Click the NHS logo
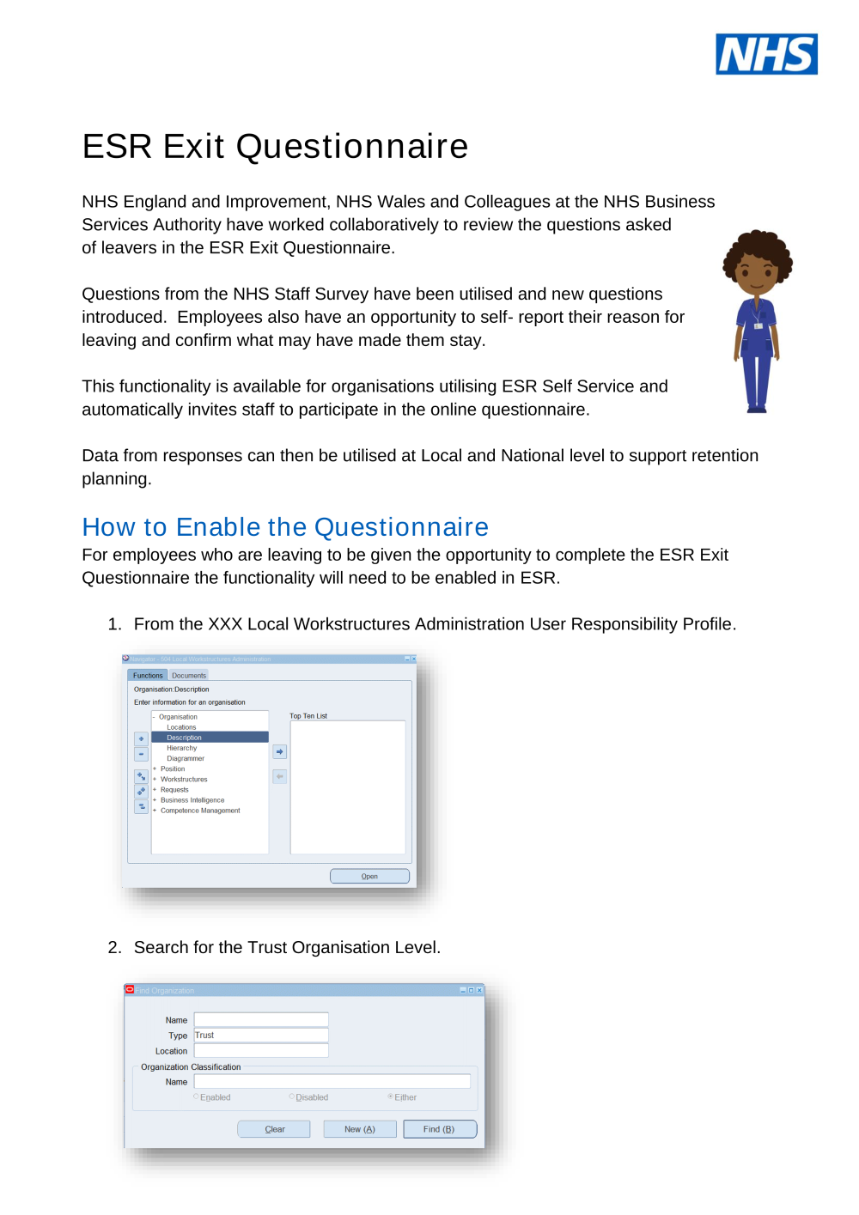766,54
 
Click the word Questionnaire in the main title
352,147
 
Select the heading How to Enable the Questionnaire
285,526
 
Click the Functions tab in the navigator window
148,675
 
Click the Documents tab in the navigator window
189,675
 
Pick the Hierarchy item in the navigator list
182,748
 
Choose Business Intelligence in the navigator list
192,800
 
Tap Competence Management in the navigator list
200,811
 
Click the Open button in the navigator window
369,876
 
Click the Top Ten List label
308,716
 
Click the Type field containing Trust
260,1036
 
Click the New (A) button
360,1129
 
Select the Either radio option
391,1097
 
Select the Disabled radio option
292,1097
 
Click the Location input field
260,1051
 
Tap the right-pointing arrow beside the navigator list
279,751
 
